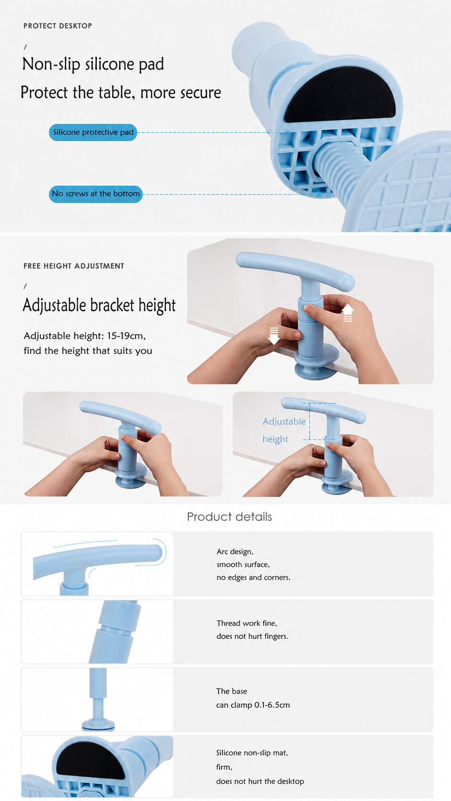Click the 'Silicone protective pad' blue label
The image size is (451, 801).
pyautogui.click(x=93, y=132)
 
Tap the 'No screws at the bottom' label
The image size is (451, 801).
pyautogui.click(x=95, y=194)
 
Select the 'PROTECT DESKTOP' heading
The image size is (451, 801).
pyautogui.click(x=58, y=26)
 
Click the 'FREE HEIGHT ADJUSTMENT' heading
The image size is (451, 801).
pyautogui.click(x=74, y=266)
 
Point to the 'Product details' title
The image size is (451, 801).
pyautogui.click(x=229, y=517)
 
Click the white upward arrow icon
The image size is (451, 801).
pyautogui.click(x=347, y=312)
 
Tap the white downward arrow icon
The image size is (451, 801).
pyautogui.click(x=274, y=336)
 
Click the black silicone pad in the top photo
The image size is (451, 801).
pyautogui.click(x=340, y=95)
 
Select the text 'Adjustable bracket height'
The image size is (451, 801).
pyautogui.click(x=99, y=305)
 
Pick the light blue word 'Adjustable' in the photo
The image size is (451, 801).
pyautogui.click(x=284, y=422)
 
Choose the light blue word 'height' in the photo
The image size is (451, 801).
pyautogui.click(x=275, y=439)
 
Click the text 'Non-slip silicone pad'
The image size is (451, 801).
pyautogui.click(x=93, y=64)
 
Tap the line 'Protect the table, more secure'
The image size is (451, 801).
pyautogui.click(x=120, y=92)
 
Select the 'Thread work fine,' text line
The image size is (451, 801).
pyautogui.click(x=247, y=623)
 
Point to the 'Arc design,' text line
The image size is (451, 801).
pyautogui.click(x=235, y=551)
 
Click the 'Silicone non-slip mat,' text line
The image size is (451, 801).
pyautogui.click(x=252, y=753)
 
